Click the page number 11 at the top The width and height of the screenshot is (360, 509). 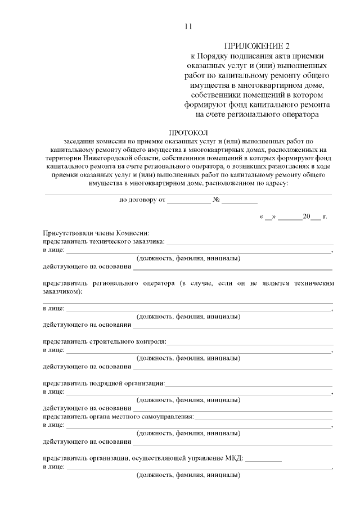coord(188,26)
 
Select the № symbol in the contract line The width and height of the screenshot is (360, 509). coord(215,200)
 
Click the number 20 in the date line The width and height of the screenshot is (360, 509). coord(307,216)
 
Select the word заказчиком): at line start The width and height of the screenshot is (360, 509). coord(62,292)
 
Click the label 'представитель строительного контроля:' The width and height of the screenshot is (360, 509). coord(105,341)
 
